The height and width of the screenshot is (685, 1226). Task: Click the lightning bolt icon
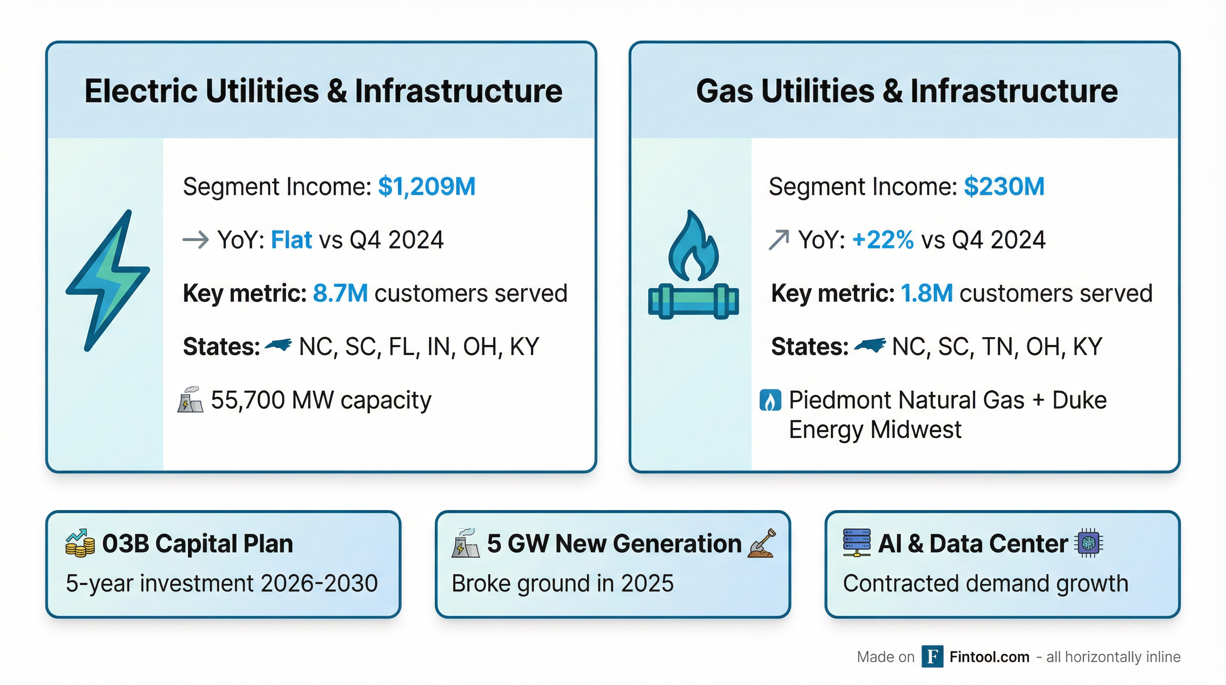[107, 281]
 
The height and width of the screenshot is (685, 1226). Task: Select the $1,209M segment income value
[426, 187]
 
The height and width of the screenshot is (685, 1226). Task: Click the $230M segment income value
[1004, 186]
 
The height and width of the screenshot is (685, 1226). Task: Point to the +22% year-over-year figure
[883, 239]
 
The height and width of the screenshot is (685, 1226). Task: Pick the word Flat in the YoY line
[291, 239]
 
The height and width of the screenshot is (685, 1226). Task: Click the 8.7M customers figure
[340, 293]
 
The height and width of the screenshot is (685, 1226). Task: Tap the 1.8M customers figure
[927, 293]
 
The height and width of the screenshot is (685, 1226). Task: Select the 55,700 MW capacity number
[248, 400]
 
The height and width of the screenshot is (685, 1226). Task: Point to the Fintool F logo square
[932, 656]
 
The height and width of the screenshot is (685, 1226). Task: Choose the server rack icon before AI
[857, 543]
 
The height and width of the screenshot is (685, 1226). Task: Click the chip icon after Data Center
[1089, 543]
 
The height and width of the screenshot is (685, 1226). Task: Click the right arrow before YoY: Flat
[196, 239]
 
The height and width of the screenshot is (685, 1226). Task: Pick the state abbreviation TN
[999, 347]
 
